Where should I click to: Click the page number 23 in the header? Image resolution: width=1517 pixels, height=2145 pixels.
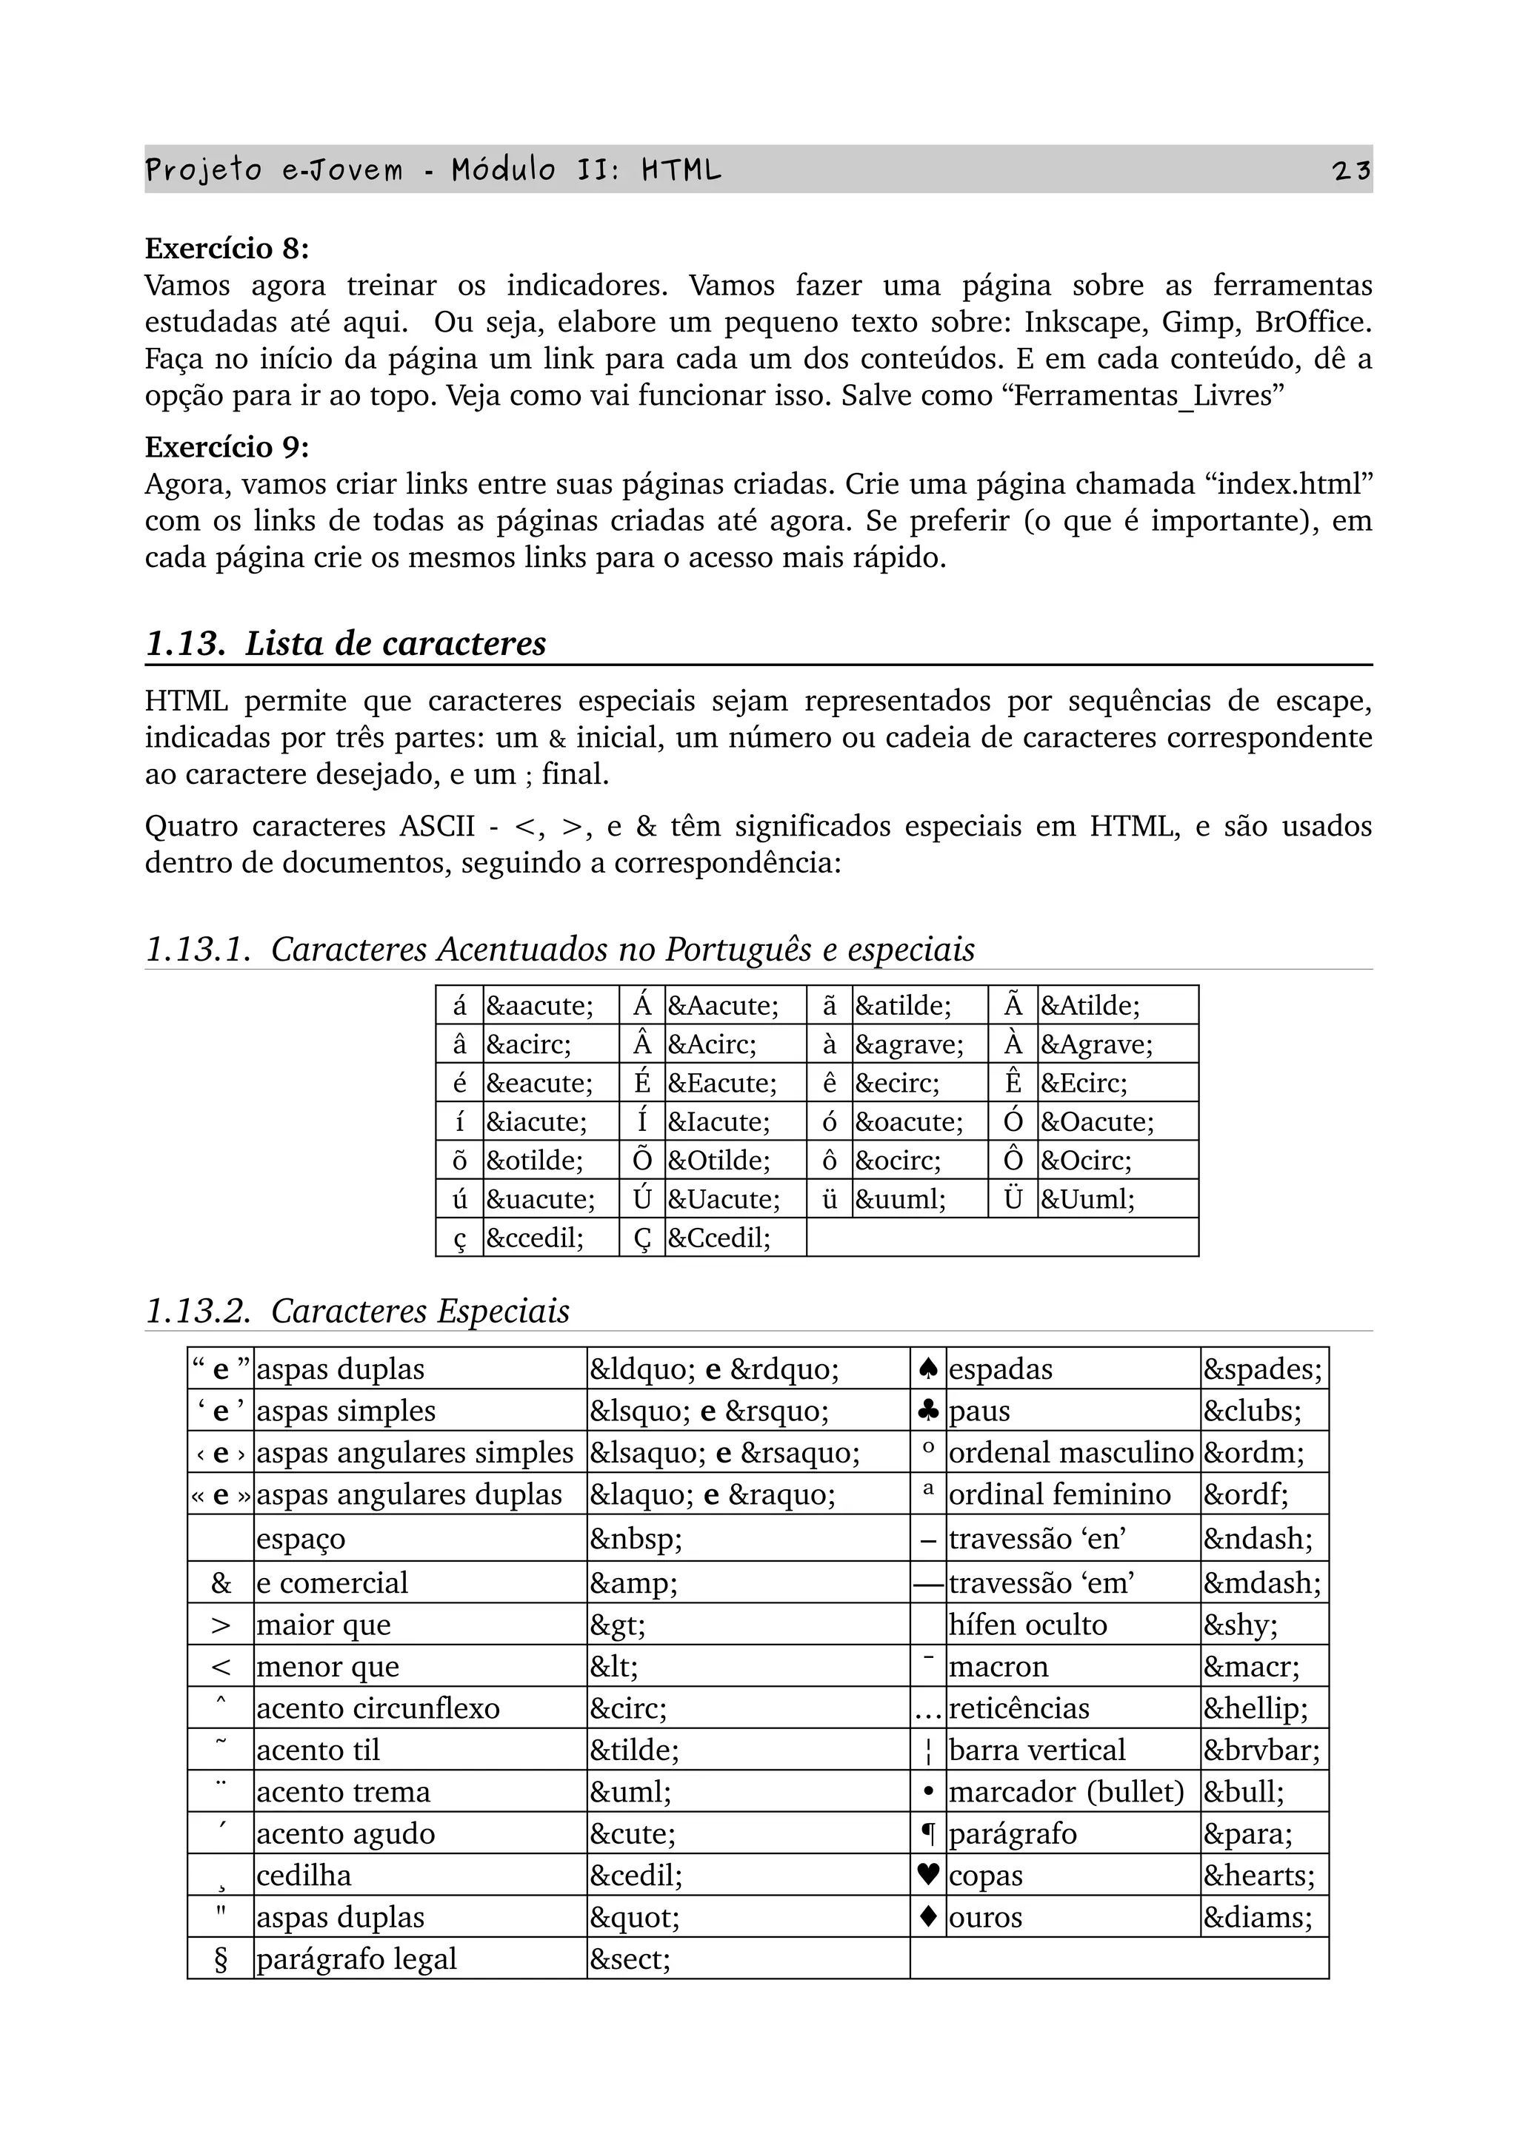pyautogui.click(x=1352, y=170)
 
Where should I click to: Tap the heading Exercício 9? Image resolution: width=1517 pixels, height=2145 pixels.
pyautogui.click(x=226, y=448)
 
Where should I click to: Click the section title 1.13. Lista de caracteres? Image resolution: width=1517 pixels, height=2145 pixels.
pyautogui.click(x=346, y=644)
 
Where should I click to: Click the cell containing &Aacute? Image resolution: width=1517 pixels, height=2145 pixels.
pyautogui.click(x=721, y=1006)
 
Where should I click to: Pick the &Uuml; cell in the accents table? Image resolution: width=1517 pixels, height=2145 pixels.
pyautogui.click(x=1088, y=1200)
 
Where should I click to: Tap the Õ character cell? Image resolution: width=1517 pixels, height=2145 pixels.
pyautogui.click(x=642, y=1161)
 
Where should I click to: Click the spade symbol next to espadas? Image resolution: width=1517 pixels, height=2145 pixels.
pyautogui.click(x=928, y=1369)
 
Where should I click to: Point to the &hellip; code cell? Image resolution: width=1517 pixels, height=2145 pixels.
pyautogui.click(x=1256, y=1709)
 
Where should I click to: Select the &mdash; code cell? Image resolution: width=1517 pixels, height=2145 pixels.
pyautogui.click(x=1262, y=1582)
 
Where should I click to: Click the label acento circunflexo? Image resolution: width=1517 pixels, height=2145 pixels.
pyautogui.click(x=378, y=1709)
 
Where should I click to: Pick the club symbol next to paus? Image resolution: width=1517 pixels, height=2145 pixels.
pyautogui.click(x=928, y=1411)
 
